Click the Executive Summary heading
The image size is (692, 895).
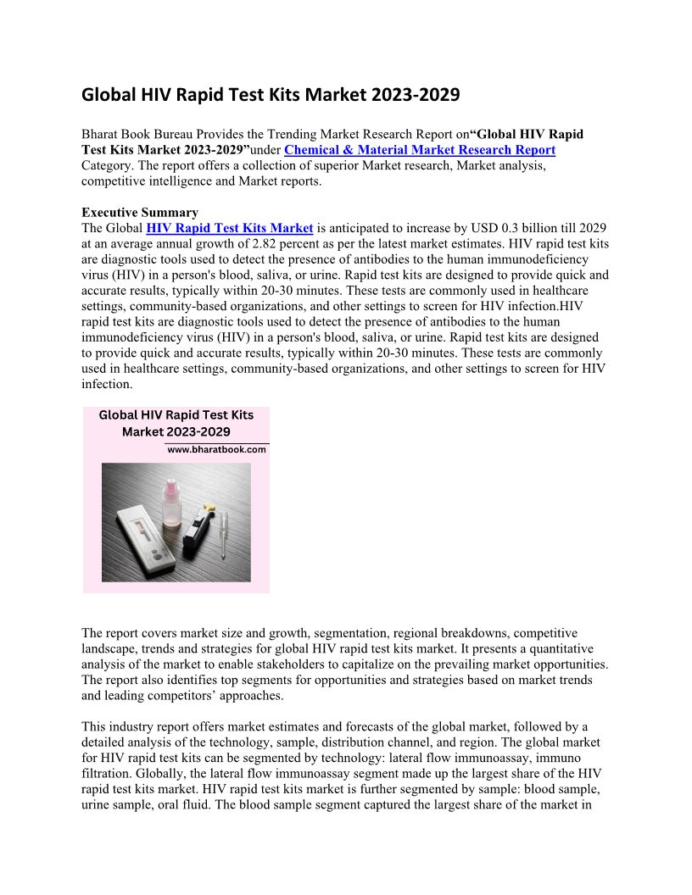tap(140, 213)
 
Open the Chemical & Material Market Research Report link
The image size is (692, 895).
tap(420, 150)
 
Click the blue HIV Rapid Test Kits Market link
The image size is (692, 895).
tap(230, 228)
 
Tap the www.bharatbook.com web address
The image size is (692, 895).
tap(216, 450)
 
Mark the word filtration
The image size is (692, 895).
tap(110, 773)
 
